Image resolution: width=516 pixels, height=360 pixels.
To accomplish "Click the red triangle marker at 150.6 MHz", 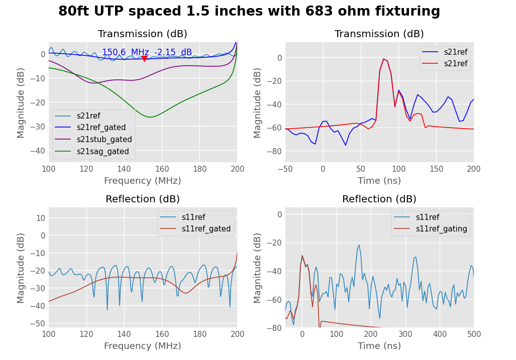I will tap(144, 59).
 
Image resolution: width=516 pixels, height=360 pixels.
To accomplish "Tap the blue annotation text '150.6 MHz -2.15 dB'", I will tap(147, 52).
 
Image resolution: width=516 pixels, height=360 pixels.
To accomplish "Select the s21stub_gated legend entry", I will tap(104, 140).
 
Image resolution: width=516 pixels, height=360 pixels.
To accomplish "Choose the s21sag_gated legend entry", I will tap(102, 151).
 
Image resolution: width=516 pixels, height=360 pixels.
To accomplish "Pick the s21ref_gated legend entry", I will tap(101, 128).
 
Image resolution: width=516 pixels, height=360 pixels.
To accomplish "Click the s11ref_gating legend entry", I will tap(441, 229).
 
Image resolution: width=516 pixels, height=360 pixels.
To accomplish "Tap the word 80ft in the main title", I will tap(73, 12).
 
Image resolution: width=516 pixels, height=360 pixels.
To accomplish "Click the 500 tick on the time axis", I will tap(473, 334).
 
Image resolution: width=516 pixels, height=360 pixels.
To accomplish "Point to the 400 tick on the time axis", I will tap(439, 334).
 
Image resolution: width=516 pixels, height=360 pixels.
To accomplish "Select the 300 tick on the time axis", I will tap(405, 334).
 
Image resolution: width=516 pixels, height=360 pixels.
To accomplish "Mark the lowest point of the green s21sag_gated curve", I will tap(150, 117).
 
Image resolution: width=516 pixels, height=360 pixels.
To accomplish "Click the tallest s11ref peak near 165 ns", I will tap(359, 245).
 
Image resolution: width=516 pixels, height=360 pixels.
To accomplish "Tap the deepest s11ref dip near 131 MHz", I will tap(107, 310).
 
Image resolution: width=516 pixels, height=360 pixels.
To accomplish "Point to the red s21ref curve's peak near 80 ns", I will tap(383, 59).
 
